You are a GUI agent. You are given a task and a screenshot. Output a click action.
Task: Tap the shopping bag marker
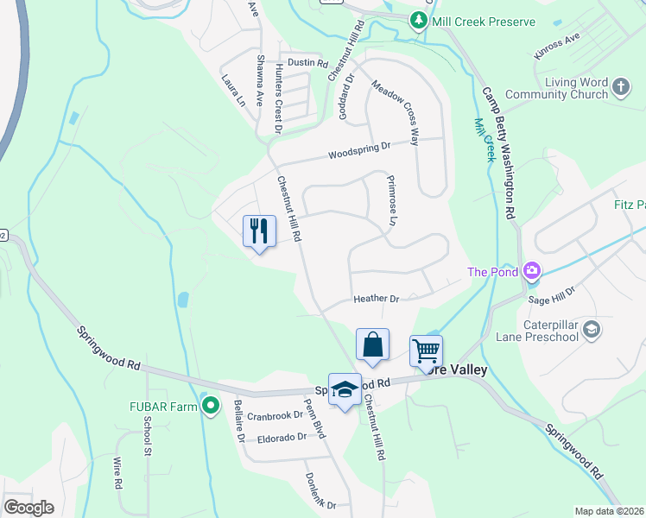tap(372, 344)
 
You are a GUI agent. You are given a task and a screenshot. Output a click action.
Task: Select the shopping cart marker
tap(426, 351)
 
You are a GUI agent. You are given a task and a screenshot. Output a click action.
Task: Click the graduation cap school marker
tap(345, 389)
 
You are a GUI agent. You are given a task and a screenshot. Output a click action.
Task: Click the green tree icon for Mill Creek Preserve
tap(420, 20)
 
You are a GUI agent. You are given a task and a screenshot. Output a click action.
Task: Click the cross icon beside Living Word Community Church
tap(621, 86)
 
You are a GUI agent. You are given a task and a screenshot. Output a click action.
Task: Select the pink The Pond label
tap(492, 272)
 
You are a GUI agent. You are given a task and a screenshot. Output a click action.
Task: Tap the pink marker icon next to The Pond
tap(532, 271)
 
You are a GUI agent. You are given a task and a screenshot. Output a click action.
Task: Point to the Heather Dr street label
tap(376, 299)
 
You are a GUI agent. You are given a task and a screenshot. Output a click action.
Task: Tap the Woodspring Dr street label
tap(359, 154)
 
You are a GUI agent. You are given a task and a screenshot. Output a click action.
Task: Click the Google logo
tap(28, 508)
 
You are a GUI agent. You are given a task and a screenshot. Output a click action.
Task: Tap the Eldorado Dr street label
tap(282, 438)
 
